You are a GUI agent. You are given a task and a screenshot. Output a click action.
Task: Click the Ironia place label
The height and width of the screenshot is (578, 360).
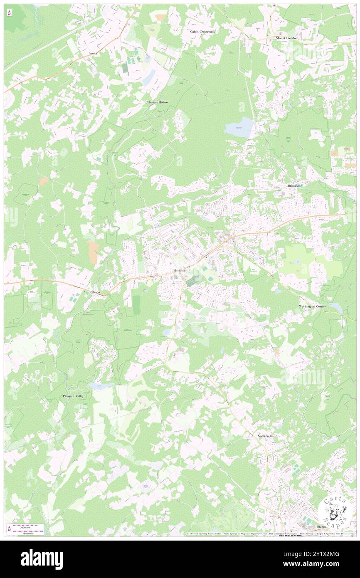[x=93, y=54]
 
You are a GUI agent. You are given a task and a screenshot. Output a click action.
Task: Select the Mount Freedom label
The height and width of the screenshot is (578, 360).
[x=287, y=38]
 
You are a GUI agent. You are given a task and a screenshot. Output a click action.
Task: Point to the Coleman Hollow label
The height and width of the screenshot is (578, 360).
[x=157, y=102]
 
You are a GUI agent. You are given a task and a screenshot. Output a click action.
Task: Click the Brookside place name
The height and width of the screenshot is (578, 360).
[x=295, y=185]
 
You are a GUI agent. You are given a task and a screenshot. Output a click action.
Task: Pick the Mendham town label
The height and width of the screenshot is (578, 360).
[x=180, y=271]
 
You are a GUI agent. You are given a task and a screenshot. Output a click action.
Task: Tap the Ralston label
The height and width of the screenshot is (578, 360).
[x=95, y=292]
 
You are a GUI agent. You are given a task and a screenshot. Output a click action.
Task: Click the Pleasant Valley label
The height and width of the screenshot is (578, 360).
[x=73, y=396]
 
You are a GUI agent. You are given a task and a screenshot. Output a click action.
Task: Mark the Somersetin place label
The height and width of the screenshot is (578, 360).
[x=266, y=436]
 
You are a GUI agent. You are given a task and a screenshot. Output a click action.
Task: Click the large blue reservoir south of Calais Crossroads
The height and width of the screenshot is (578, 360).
[x=239, y=126]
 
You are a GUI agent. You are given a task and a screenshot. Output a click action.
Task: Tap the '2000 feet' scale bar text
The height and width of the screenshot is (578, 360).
[x=27, y=527]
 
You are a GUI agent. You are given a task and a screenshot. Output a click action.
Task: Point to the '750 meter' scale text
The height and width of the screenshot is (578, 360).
[x=27, y=533]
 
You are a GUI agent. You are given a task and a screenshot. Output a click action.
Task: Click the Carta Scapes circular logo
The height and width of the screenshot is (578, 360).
[x=335, y=511]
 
